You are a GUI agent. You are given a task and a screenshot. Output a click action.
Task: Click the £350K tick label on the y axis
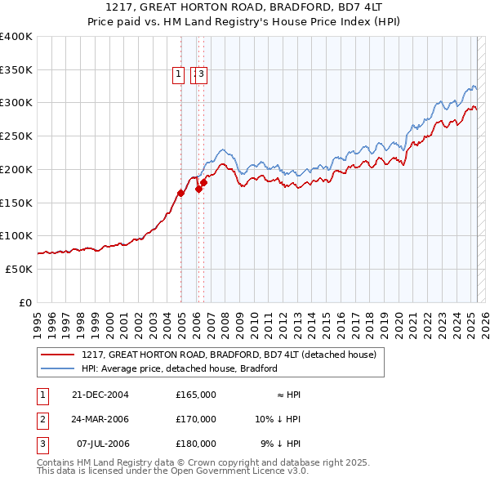pos(16,69)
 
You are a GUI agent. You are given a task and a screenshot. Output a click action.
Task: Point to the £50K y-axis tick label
pos(18,269)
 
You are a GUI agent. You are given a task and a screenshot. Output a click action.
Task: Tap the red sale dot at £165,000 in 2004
pos(180,193)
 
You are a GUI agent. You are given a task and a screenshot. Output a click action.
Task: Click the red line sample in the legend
pos(57,355)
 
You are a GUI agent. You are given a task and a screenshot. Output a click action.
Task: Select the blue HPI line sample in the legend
pos(57,368)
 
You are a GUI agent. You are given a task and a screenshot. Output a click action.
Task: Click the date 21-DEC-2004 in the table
pos(101,395)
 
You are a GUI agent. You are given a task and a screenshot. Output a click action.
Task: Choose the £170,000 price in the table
pos(196,419)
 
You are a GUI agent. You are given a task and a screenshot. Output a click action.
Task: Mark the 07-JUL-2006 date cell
pos(101,444)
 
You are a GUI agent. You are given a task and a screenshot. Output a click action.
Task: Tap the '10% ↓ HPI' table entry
pos(278,419)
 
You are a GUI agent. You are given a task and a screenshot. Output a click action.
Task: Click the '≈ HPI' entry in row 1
pos(288,395)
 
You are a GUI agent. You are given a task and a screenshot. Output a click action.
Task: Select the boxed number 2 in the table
pos(42,419)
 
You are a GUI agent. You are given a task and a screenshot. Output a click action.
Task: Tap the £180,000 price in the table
pos(196,444)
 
